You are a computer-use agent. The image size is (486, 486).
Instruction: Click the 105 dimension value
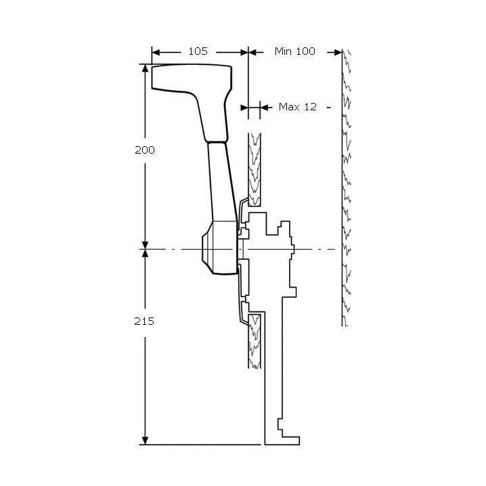coord(198,51)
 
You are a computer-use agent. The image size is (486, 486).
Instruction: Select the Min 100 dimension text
coord(295,51)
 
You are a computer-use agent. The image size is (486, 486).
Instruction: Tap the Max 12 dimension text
coord(298,107)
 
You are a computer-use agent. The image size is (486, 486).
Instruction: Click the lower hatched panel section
coord(255,342)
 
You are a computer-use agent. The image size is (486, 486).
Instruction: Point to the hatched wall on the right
coord(348,190)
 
